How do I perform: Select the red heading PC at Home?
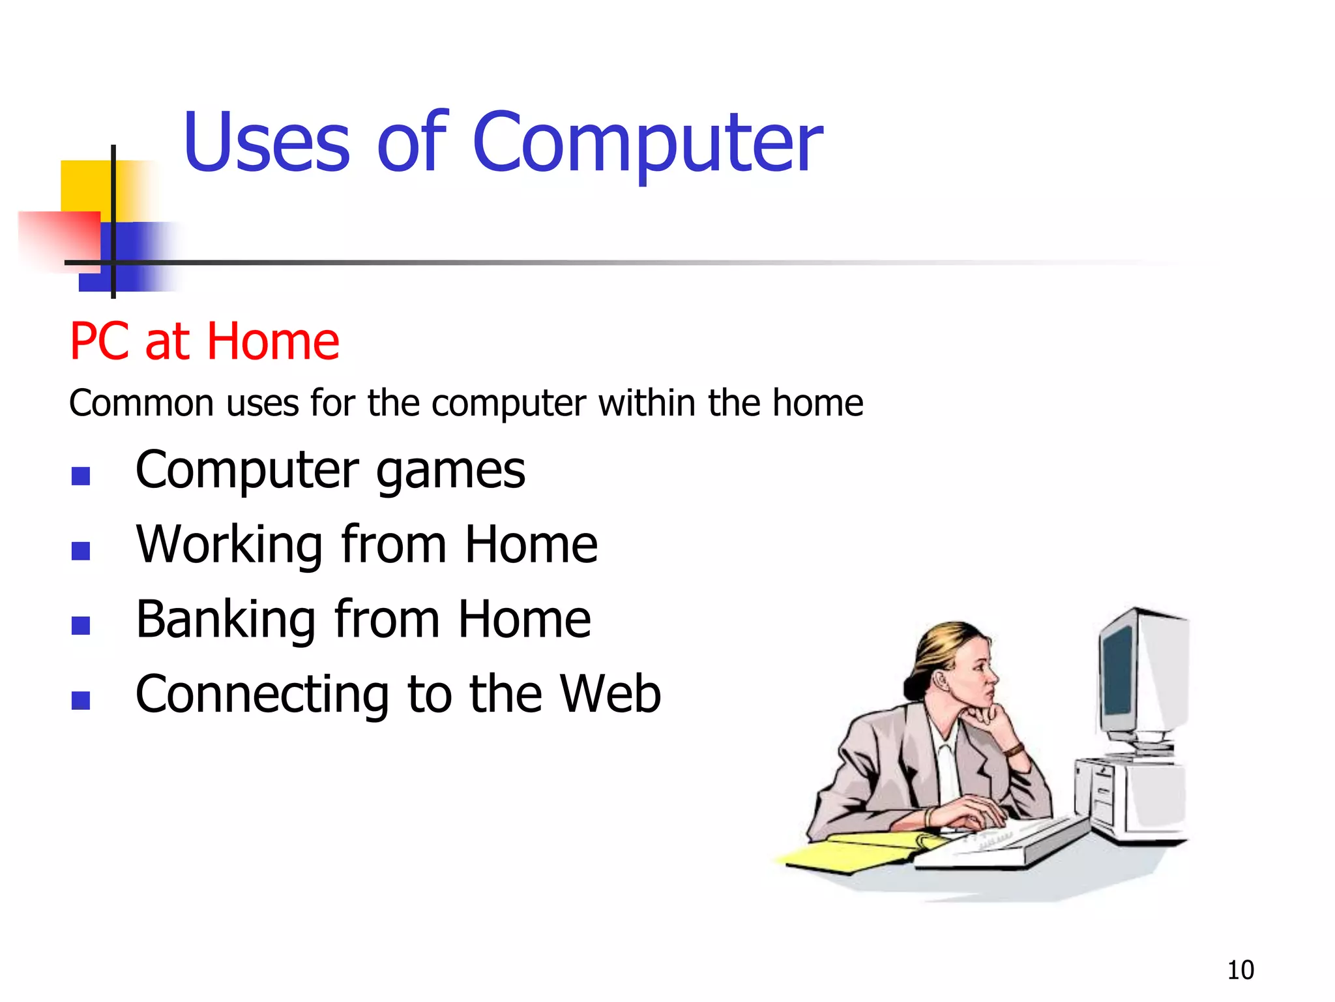point(204,341)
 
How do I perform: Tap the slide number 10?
point(1240,970)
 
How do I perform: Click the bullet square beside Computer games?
point(81,476)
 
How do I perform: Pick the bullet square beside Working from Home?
point(81,551)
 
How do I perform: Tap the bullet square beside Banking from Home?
point(81,626)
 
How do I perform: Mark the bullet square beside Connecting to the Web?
point(81,701)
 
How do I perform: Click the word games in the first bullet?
point(450,472)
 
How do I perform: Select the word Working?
point(229,545)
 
